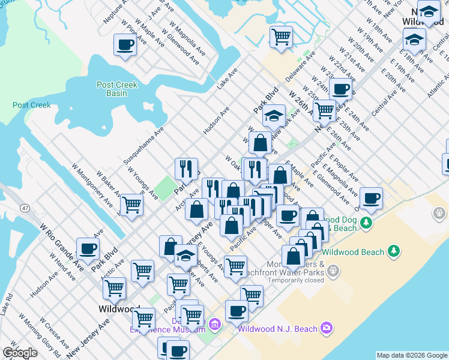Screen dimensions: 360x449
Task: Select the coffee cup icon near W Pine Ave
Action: click(x=125, y=44)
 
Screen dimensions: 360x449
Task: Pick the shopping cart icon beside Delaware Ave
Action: click(x=281, y=37)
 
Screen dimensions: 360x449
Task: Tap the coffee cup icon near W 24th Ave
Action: click(x=340, y=89)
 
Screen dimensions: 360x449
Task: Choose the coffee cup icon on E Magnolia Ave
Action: click(x=371, y=198)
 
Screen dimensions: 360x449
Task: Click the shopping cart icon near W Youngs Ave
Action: click(x=132, y=205)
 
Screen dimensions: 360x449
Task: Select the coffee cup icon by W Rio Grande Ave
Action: click(x=88, y=248)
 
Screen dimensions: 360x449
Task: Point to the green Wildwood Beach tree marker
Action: click(x=394, y=250)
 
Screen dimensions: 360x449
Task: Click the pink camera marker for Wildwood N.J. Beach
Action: click(x=326, y=328)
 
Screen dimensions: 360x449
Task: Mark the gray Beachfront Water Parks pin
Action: click(x=334, y=271)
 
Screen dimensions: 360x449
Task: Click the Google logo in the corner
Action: click(x=20, y=353)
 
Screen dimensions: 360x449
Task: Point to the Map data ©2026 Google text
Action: click(x=411, y=355)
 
